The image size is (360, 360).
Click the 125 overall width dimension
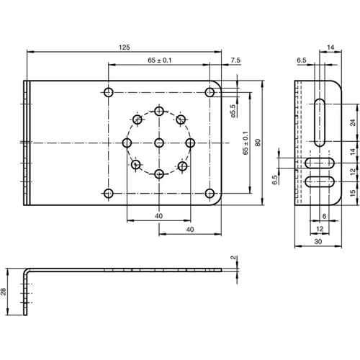pos(124,47)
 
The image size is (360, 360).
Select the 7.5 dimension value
pos(235,60)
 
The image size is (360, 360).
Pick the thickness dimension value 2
pos(233,258)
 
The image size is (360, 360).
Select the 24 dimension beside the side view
pos(352,122)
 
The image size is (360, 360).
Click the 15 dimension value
pos(352,194)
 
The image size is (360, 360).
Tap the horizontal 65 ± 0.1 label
pos(159,60)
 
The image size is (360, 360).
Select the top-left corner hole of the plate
pos(109,92)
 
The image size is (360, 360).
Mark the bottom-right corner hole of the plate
pos(210,193)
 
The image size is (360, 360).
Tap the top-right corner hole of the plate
pos(210,92)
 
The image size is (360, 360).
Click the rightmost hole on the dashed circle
pos(190,143)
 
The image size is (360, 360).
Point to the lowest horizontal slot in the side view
pos(317,182)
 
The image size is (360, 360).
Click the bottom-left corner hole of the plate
pos(109,193)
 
